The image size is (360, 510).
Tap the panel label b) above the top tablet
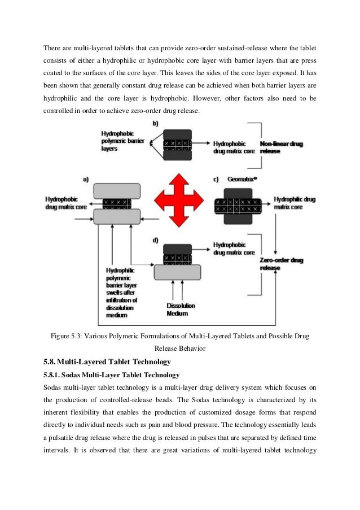pos(156,123)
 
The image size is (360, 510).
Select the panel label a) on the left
pos(86,179)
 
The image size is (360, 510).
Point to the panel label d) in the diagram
pos(156,241)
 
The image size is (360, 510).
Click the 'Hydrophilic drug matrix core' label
pos(296,203)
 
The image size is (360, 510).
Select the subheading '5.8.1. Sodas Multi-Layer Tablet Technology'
pos(111,374)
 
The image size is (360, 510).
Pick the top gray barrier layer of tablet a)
pos(117,190)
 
